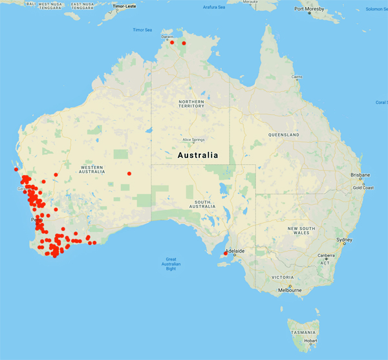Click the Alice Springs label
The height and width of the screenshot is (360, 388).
tap(193, 140)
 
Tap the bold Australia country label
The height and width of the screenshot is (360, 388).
tap(197, 155)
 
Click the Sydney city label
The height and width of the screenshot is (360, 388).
tap(344, 240)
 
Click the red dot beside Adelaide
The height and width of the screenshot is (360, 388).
tap(225, 253)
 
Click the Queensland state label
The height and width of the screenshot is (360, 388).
tap(283, 134)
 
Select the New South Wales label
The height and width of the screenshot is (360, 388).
tap(301, 231)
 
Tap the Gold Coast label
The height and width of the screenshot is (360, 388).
tap(364, 187)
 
